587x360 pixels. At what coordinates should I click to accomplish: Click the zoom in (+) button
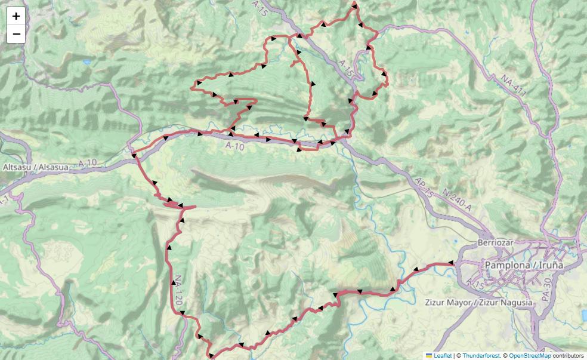pyautogui.click(x=16, y=16)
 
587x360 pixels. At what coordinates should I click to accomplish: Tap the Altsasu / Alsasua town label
pyautogui.click(x=36, y=168)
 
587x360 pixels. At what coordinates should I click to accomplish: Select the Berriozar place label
pyautogui.click(x=496, y=243)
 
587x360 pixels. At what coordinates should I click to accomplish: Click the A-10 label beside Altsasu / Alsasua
pyautogui.click(x=87, y=162)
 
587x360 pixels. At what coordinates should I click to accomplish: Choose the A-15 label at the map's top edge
pyautogui.click(x=261, y=7)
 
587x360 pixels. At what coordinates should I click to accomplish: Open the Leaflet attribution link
pyautogui.click(x=443, y=355)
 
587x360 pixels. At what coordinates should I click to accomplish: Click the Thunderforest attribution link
pyautogui.click(x=480, y=355)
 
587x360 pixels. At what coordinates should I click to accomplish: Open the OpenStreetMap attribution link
pyautogui.click(x=530, y=355)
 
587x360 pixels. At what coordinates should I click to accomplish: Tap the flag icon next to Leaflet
pyautogui.click(x=428, y=355)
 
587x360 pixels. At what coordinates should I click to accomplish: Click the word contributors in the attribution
pyautogui.click(x=568, y=355)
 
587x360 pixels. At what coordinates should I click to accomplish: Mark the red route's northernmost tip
pyautogui.click(x=354, y=4)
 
